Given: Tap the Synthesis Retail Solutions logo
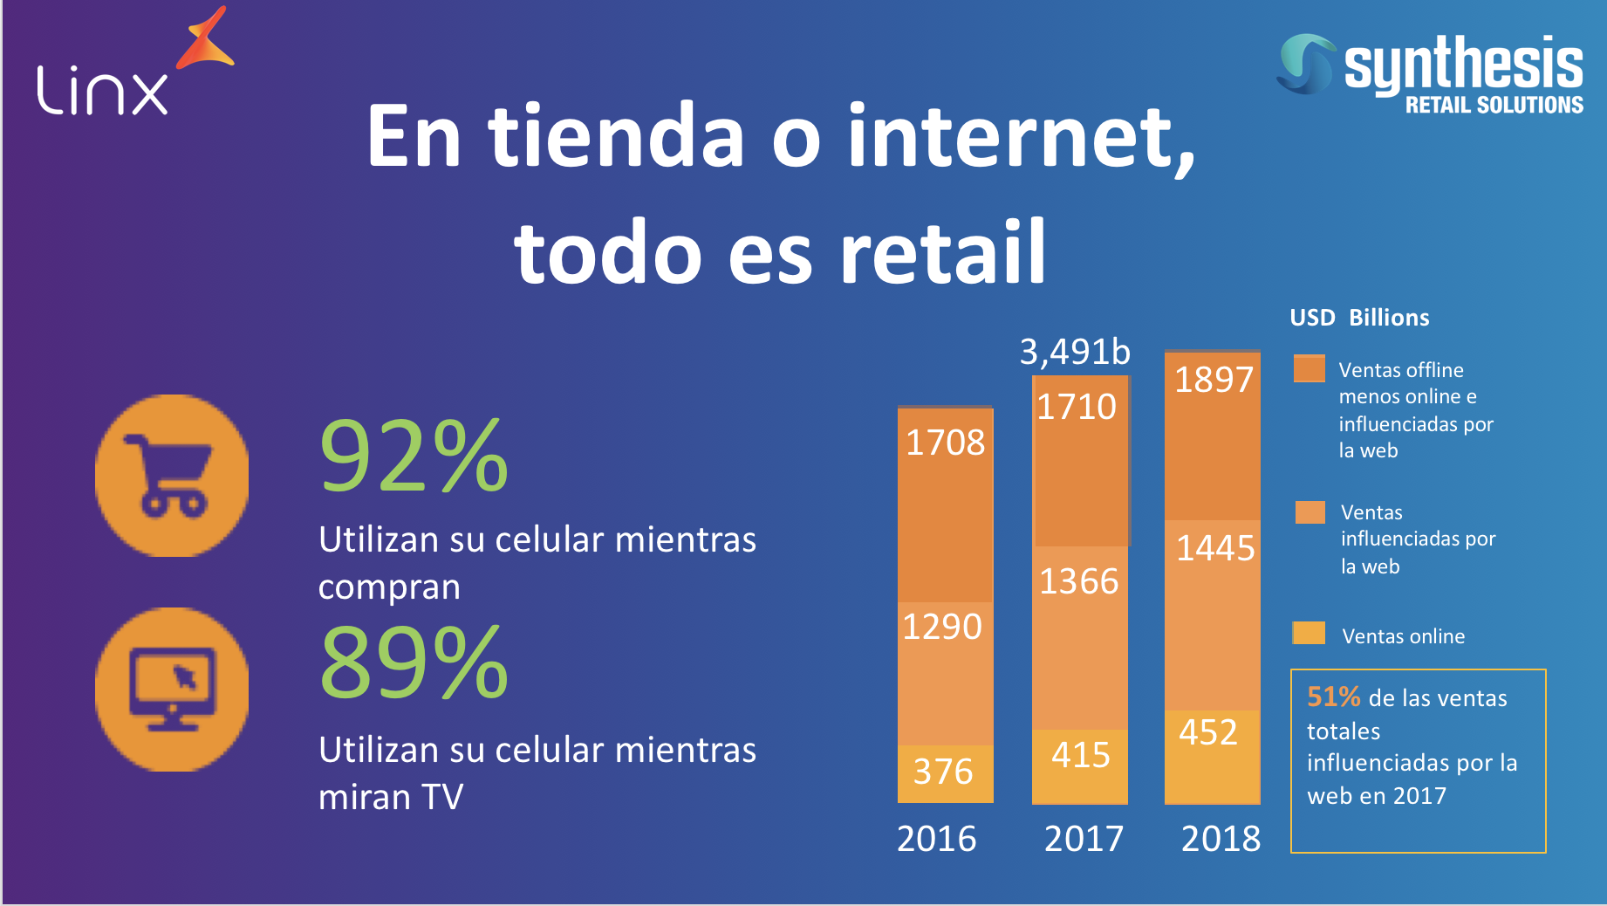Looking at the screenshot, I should [1431, 74].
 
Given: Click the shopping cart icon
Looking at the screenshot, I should [172, 476].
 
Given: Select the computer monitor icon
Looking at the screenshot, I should [172, 690].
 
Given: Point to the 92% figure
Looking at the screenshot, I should [414, 456].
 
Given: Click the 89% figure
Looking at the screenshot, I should [414, 663].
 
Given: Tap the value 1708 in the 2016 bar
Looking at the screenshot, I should [945, 443].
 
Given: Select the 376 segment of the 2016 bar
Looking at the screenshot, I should [943, 772].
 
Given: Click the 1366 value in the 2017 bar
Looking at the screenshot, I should [1079, 581].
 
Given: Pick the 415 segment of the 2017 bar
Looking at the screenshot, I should [1080, 755].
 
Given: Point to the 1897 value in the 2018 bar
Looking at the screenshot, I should [1214, 380].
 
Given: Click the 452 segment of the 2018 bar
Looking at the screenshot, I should [1208, 732].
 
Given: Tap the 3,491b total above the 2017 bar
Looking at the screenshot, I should [1075, 352].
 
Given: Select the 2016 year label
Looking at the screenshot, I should [937, 839].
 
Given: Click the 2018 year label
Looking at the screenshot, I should [1221, 839].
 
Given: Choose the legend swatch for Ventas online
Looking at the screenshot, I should [1309, 633].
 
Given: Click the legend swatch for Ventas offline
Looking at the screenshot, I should [1309, 368].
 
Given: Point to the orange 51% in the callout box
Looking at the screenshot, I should [1333, 697].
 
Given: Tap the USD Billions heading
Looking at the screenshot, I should [1359, 318].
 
